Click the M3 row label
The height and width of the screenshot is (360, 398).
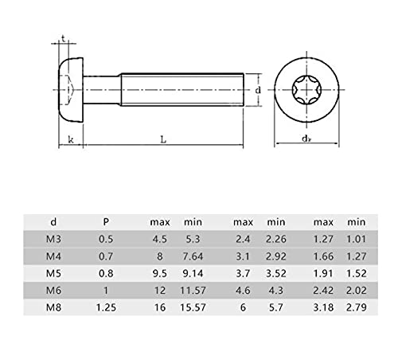[53, 239]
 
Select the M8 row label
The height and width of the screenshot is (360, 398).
[53, 307]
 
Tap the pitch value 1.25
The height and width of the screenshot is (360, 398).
[106, 307]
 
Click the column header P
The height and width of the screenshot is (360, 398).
[106, 221]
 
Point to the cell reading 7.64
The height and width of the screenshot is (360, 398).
[193, 256]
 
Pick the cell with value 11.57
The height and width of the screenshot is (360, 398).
[193, 291]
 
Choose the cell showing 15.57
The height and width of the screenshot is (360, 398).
[193, 307]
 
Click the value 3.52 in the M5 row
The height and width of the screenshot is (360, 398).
[276, 273]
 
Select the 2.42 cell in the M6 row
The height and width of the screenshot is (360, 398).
[323, 291]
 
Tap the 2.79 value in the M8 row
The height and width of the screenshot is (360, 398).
[357, 307]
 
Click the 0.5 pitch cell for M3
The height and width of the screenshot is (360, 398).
[106, 239]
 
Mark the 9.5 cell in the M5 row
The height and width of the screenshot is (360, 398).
[160, 273]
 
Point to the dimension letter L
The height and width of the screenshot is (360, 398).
[163, 139]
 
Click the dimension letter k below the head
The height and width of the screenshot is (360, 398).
[71, 139]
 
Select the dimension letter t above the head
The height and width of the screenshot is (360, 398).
[63, 39]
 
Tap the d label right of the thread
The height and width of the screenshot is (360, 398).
[258, 90]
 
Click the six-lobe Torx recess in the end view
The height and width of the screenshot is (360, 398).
[306, 89]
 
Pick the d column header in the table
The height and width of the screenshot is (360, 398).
[53, 221]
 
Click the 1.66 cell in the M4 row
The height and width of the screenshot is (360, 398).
[323, 256]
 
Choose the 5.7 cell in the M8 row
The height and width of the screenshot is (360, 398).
[276, 307]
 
